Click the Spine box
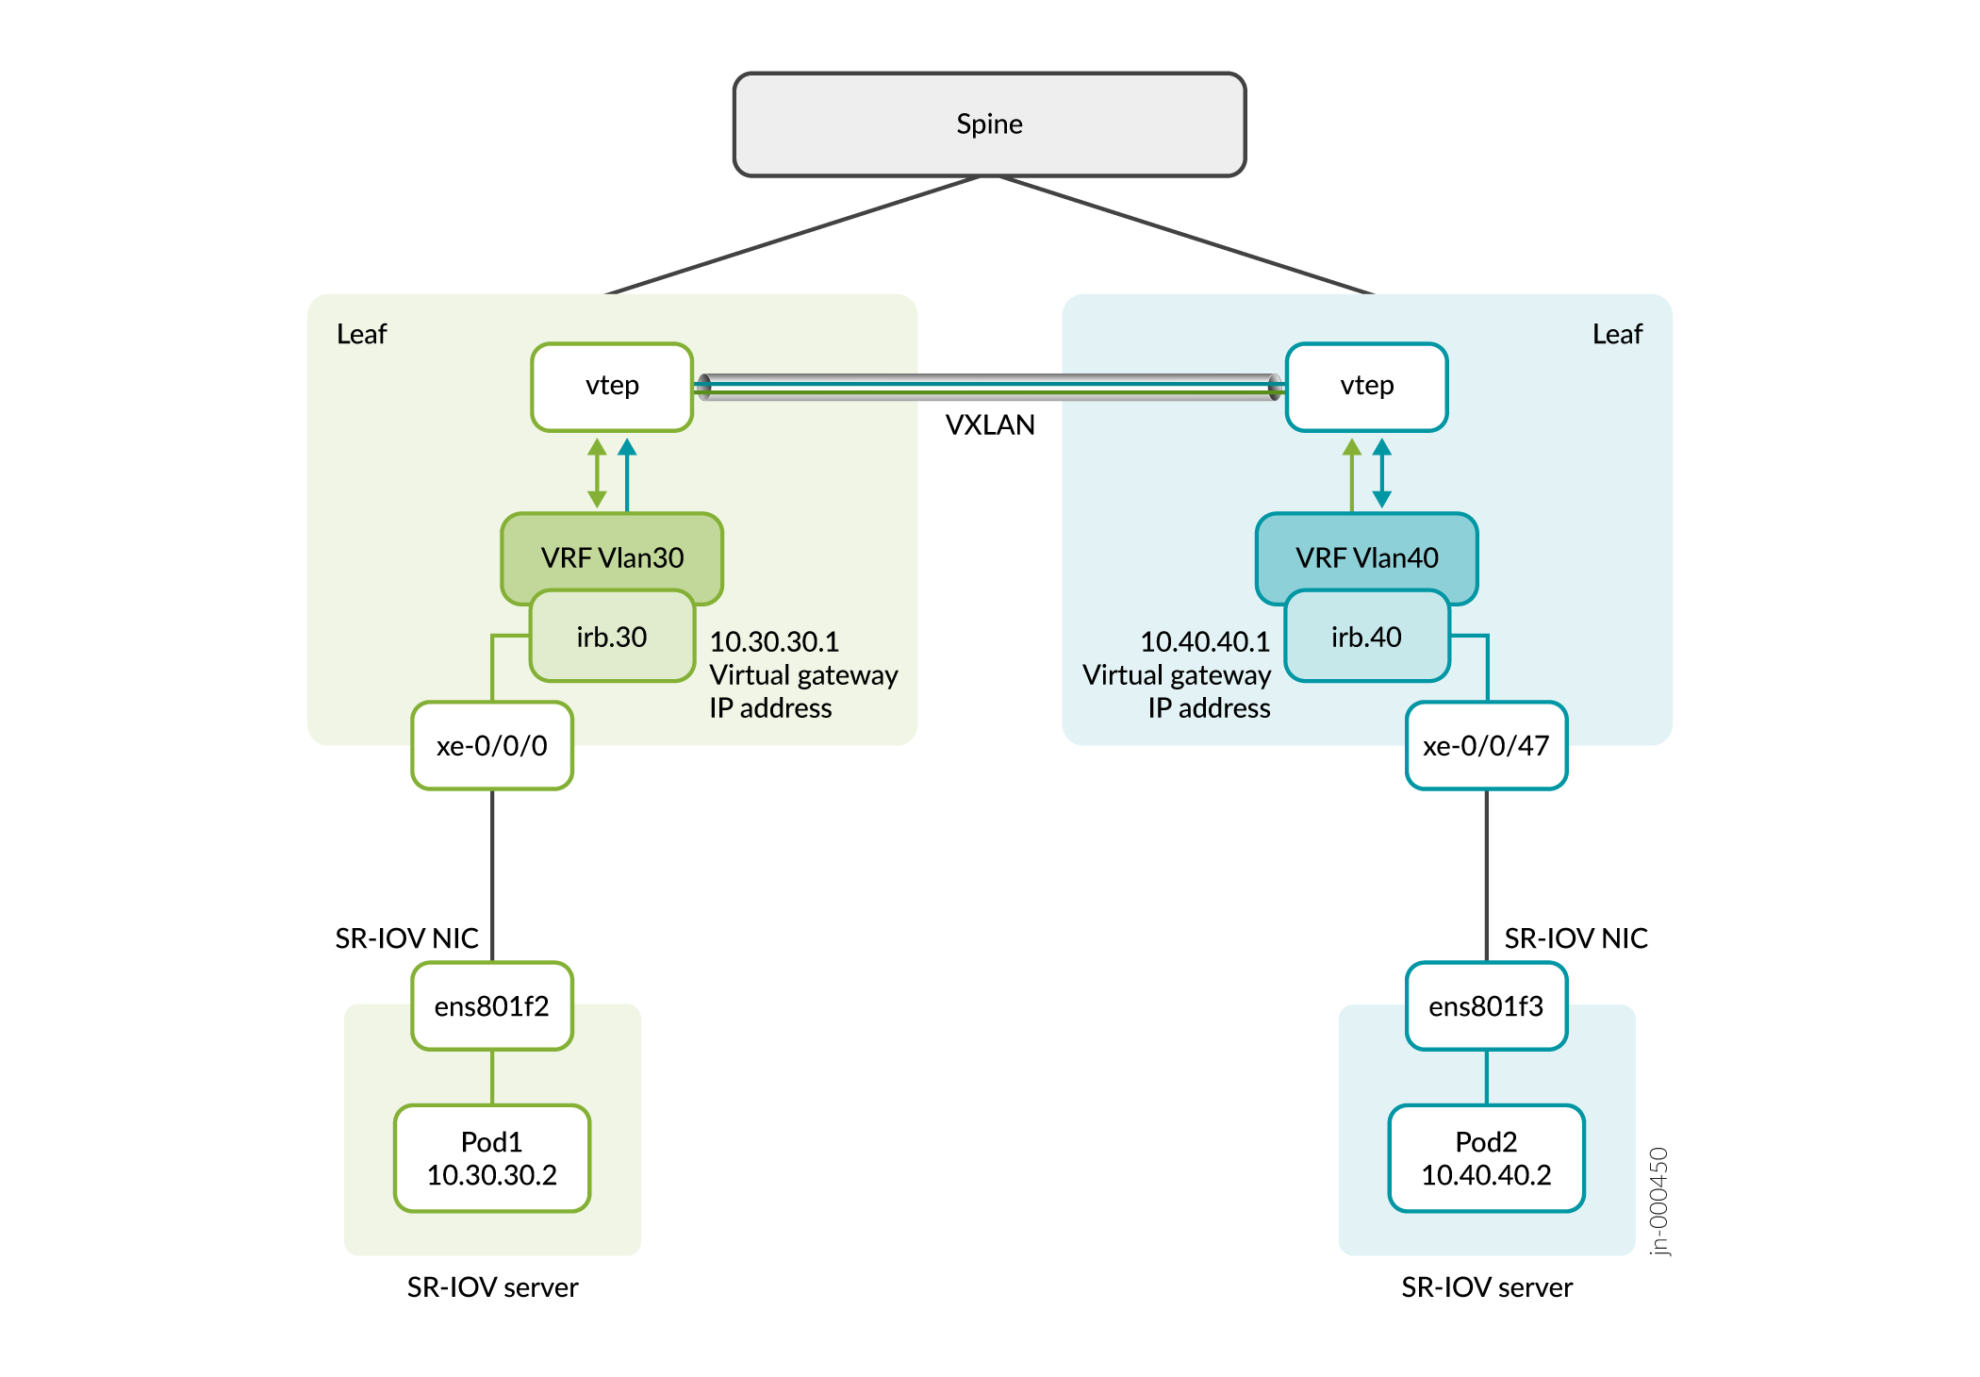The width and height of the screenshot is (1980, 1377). click(x=989, y=124)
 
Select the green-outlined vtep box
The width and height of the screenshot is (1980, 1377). click(x=612, y=387)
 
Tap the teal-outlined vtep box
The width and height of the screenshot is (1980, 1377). click(x=1366, y=387)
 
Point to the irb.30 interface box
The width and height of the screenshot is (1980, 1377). click(x=612, y=638)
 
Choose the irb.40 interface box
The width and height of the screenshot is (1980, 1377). click(x=1366, y=638)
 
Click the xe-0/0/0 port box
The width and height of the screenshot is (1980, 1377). click(x=492, y=746)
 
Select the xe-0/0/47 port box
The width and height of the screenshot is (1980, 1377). click(x=1486, y=746)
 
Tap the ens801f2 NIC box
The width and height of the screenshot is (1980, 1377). click(x=492, y=1006)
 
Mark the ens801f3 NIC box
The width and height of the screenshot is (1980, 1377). click(x=1486, y=1006)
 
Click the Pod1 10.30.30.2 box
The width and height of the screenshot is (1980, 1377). click(x=492, y=1158)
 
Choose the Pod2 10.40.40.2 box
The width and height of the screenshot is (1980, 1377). click(x=1486, y=1158)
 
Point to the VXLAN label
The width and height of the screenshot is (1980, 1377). click(x=990, y=425)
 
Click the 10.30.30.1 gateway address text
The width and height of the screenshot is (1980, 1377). click(x=774, y=642)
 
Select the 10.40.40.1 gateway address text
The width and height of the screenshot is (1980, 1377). click(x=1205, y=642)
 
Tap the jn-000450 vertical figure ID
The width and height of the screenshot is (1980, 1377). click(x=1659, y=1201)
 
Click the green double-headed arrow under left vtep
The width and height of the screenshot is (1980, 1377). click(x=597, y=473)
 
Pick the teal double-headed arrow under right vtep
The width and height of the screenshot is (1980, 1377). click(x=1382, y=473)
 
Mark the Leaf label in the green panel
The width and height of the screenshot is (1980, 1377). click(x=361, y=335)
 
